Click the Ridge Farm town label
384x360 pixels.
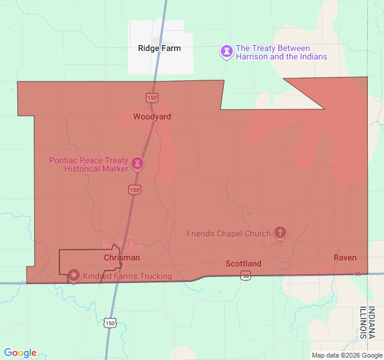point(159,48)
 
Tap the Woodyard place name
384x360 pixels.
point(152,116)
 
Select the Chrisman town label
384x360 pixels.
point(122,257)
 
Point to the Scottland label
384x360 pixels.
point(243,263)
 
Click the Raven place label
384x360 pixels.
point(345,257)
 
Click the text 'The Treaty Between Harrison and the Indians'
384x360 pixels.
point(281,52)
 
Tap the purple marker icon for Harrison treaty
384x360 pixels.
point(226,52)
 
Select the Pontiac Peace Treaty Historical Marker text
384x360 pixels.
point(89,164)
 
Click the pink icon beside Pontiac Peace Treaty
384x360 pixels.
point(137,163)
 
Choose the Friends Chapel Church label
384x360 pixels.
point(229,233)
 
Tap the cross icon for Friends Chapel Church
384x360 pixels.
point(280,232)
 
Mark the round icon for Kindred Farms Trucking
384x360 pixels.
point(74,275)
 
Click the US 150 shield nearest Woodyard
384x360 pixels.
point(151,97)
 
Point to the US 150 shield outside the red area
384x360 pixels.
point(109,323)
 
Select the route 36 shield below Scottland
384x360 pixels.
point(245,275)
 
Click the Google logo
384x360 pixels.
point(20,353)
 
